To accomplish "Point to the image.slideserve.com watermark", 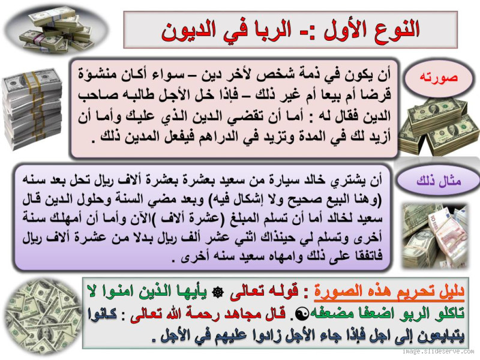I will pos(437,352).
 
